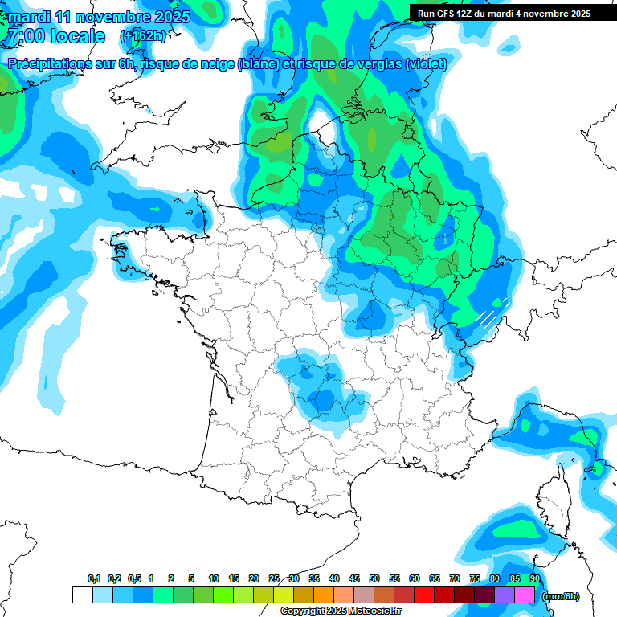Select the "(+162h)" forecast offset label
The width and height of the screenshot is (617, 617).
[143, 36]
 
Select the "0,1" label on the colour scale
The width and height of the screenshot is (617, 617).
[94, 579]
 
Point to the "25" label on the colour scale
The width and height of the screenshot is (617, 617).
[274, 579]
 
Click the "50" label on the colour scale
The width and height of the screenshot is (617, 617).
[374, 579]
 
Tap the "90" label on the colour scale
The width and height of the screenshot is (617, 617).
[534, 579]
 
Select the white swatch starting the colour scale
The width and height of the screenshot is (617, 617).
[82, 595]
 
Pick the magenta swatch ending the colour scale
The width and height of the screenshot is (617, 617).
[525, 595]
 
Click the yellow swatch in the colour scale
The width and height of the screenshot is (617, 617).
[283, 595]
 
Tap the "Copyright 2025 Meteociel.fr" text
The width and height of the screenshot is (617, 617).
[341, 611]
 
